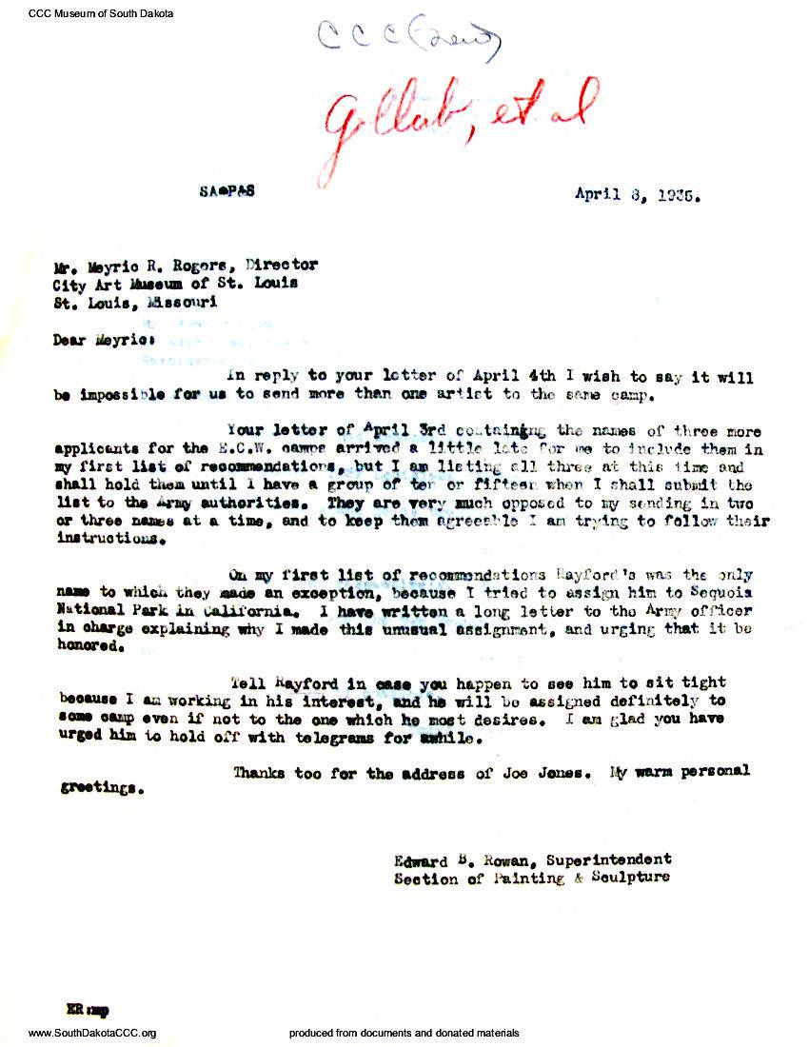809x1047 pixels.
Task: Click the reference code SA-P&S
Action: [x=228, y=190]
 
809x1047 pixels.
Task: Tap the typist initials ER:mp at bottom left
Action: [x=82, y=1008]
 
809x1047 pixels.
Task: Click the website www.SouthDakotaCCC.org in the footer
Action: [x=92, y=1034]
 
